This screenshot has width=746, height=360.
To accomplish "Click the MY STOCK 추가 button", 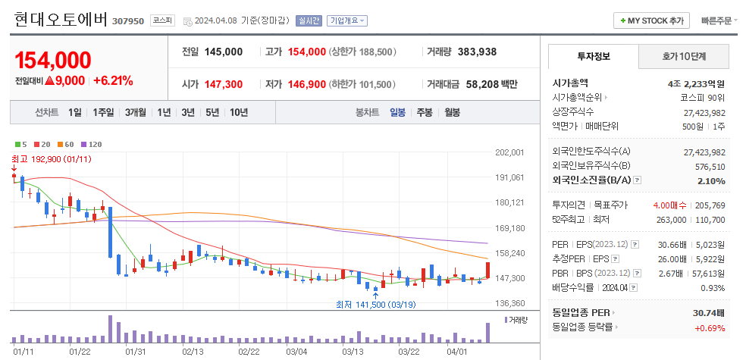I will tap(651, 20).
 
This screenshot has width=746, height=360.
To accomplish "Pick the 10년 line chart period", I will tap(238, 112).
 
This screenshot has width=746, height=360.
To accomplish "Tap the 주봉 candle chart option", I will tap(425, 112).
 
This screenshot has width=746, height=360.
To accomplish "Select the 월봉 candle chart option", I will tap(452, 112).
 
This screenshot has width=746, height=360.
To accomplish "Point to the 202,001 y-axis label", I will tap(509, 152).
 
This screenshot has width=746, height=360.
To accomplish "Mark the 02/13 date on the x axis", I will tap(193, 352).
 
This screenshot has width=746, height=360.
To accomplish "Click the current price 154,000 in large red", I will tap(53, 61).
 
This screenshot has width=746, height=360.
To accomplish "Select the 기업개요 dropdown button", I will tap(347, 20).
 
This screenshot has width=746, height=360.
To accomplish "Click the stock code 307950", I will tap(127, 20).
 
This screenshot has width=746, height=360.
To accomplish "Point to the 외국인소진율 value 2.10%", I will tap(711, 180).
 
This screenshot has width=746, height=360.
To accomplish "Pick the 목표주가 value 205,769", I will tap(709, 205).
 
